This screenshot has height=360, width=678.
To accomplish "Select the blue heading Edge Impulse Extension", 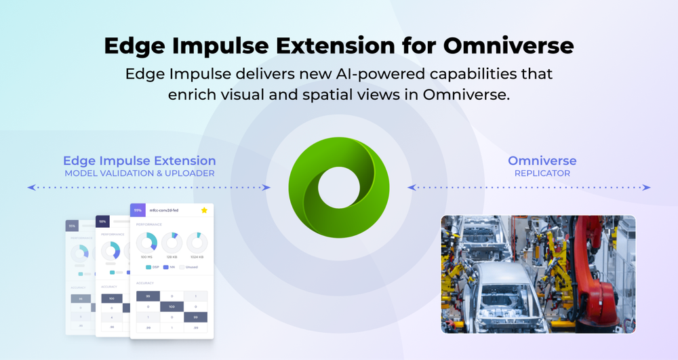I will pyautogui.click(x=140, y=161).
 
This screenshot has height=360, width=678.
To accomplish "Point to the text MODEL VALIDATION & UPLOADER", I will pyautogui.click(x=140, y=174).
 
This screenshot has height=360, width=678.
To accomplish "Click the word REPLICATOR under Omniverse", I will pyautogui.click(x=542, y=174).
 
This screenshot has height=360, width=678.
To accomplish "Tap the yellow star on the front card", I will pyautogui.click(x=204, y=211).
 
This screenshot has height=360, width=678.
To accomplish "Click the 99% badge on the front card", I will pyautogui.click(x=138, y=211).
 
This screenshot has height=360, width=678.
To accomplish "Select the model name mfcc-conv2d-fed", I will pyautogui.click(x=165, y=211).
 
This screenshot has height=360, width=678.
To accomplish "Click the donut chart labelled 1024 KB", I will pyautogui.click(x=197, y=242).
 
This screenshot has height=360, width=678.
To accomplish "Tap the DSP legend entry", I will pyautogui.click(x=152, y=266).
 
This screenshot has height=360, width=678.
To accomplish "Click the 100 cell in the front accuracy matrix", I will pyautogui.click(x=172, y=306).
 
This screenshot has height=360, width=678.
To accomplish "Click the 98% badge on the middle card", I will pyautogui.click(x=103, y=222).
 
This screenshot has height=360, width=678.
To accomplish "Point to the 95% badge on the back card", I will pyautogui.click(x=72, y=226).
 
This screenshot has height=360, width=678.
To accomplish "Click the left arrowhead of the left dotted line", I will pyautogui.click(x=30, y=187).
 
